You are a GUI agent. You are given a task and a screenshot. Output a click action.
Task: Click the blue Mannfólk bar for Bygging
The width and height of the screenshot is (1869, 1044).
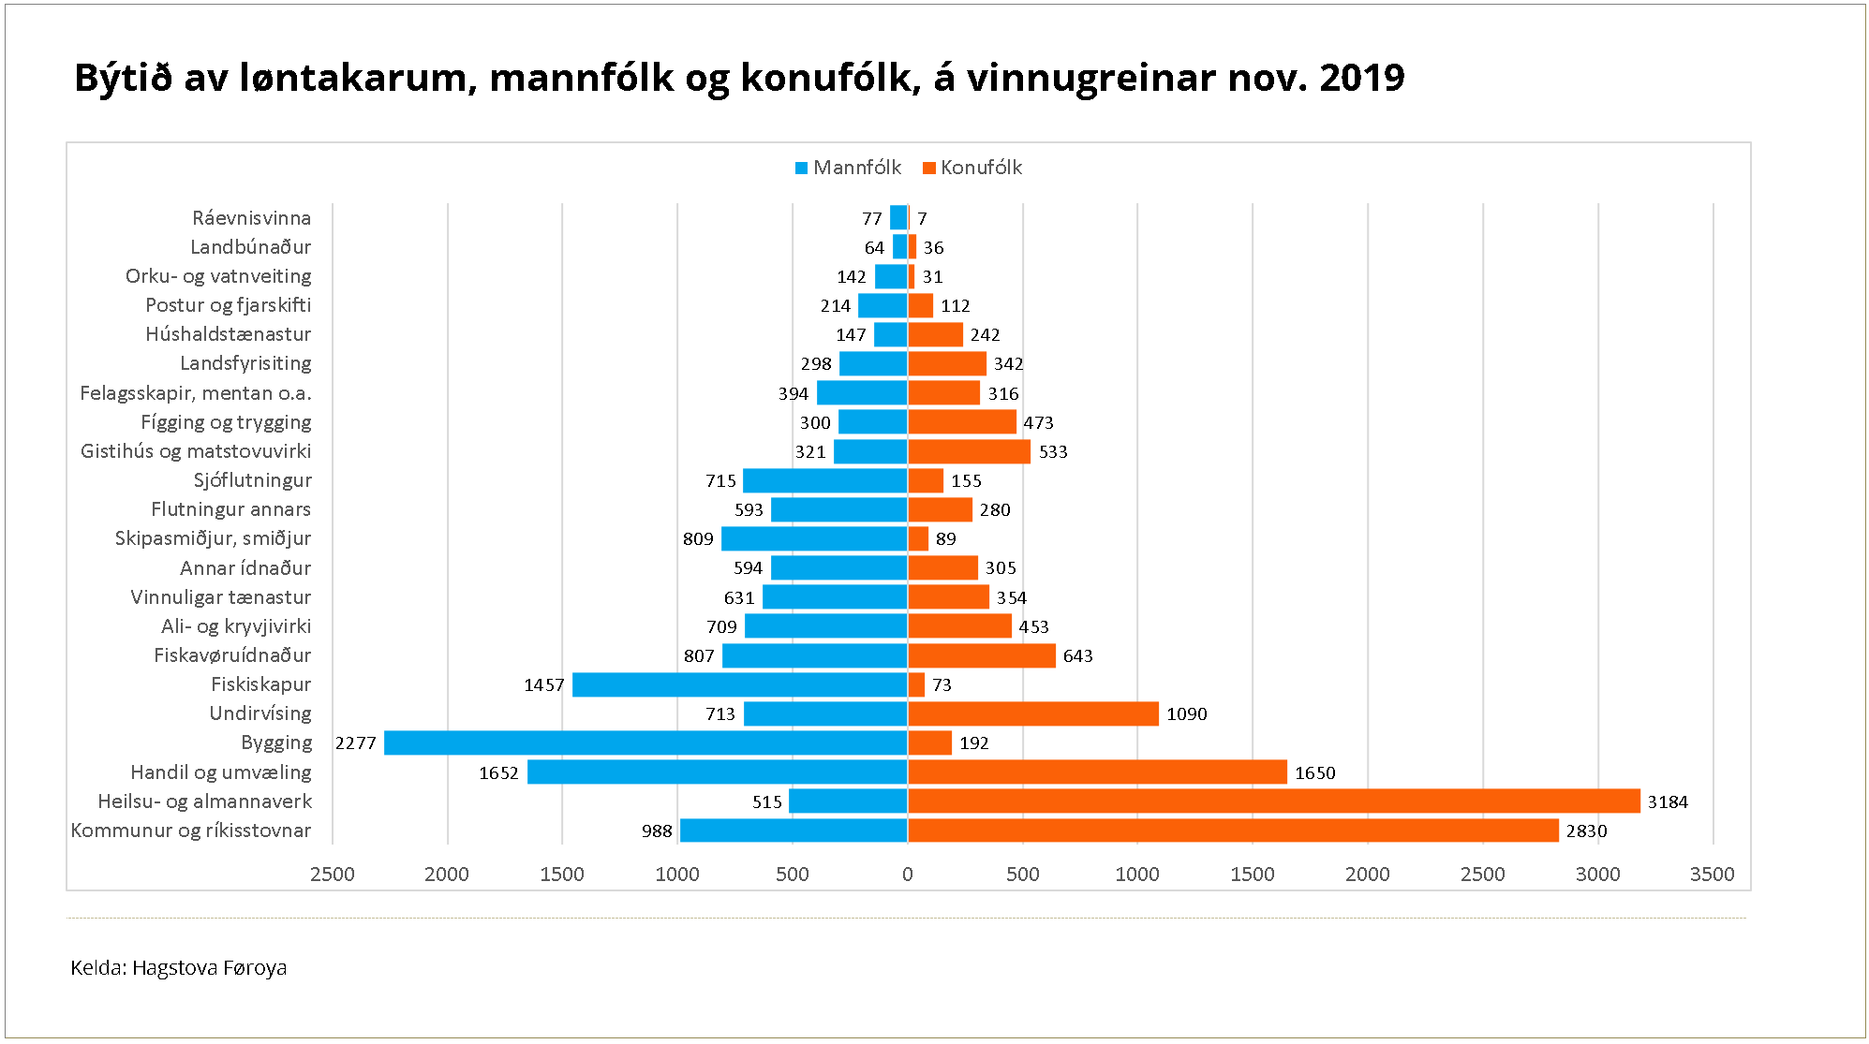point(645,743)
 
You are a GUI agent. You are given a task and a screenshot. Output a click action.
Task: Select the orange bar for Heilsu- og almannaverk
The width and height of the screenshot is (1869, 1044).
point(1273,801)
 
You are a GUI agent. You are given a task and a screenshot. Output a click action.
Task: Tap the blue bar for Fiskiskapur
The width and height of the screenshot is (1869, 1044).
point(739,684)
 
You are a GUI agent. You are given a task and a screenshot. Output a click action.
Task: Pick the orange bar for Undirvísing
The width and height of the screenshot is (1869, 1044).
point(1032,714)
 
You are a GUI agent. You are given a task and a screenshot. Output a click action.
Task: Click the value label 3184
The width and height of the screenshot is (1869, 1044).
point(1668,802)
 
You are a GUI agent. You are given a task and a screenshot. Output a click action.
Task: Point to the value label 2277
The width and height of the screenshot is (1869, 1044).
point(356,743)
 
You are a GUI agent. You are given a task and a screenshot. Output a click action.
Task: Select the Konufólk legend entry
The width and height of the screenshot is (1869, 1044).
point(972,168)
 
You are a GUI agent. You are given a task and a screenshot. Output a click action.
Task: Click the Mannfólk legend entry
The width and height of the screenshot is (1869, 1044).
point(848,168)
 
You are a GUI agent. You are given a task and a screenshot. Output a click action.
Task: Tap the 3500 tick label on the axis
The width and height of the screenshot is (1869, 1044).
point(1712,875)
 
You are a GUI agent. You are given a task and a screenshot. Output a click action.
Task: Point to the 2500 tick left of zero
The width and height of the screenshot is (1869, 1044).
point(333,875)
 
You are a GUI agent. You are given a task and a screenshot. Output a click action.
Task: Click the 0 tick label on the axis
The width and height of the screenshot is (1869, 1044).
point(907,875)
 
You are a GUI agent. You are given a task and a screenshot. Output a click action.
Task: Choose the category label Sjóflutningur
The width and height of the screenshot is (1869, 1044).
point(252,480)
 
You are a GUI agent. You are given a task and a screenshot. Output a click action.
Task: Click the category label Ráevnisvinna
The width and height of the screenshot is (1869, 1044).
point(251,218)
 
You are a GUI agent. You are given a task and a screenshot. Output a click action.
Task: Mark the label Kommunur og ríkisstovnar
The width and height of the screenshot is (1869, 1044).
point(191,831)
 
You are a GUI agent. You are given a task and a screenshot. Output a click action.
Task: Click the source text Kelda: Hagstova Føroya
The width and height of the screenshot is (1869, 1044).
point(179,968)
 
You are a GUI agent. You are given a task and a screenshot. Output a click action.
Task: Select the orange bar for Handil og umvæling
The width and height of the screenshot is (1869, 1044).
point(1097,772)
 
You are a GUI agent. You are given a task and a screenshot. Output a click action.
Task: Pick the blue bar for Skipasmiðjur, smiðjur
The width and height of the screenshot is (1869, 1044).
point(814,539)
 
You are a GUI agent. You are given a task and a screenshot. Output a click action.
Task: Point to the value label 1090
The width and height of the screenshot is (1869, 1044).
point(1186,714)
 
